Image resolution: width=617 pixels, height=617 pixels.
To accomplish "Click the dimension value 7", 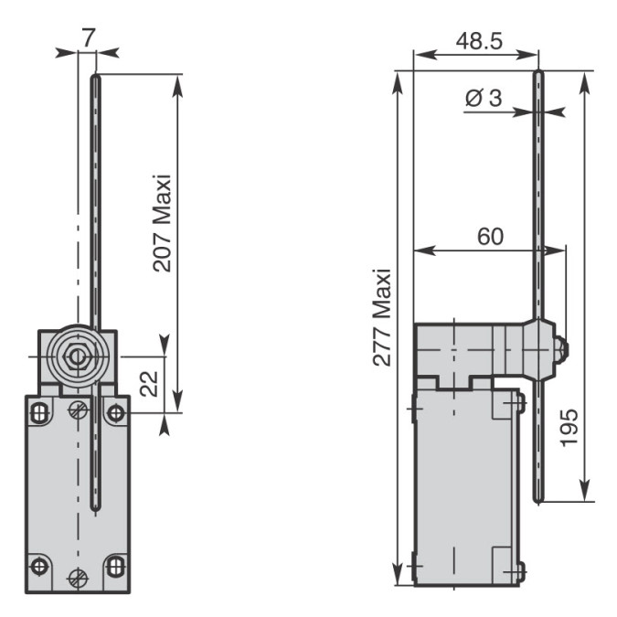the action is [89, 38].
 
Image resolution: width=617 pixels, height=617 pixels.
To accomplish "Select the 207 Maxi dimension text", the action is [163, 223].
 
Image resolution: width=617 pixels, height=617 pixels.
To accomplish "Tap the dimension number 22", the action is [149, 384].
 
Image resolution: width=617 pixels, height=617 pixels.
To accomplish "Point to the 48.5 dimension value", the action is [479, 41].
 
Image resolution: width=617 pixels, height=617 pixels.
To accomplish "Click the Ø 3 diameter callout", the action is [484, 98].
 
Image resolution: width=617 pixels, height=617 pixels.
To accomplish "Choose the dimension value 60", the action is [490, 237].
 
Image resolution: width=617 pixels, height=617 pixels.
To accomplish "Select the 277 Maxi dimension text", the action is [382, 317].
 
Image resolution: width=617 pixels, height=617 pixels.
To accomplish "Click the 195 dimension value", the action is [569, 428].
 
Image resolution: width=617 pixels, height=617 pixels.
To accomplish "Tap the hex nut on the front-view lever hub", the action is [77, 357].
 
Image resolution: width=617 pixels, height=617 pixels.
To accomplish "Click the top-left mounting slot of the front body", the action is [39, 413].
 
